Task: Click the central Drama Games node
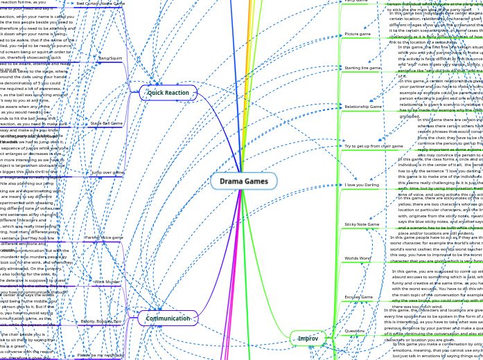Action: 244,181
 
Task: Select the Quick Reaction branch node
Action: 168,93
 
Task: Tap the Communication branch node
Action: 168,318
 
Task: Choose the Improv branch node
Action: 308,339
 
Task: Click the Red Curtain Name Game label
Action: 100,3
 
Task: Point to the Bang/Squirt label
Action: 110,58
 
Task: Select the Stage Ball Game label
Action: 106,123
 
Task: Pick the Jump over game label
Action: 107,172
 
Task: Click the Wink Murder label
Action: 107,282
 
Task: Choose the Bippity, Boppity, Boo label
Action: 101,321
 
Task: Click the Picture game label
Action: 358,34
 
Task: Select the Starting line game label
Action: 362,68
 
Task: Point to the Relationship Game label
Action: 363,107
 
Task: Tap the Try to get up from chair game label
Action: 374,146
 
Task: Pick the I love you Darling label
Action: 362,185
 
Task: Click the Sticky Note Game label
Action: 362,224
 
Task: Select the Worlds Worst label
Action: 358,258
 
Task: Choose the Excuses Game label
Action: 358,297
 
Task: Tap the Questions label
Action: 355,331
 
